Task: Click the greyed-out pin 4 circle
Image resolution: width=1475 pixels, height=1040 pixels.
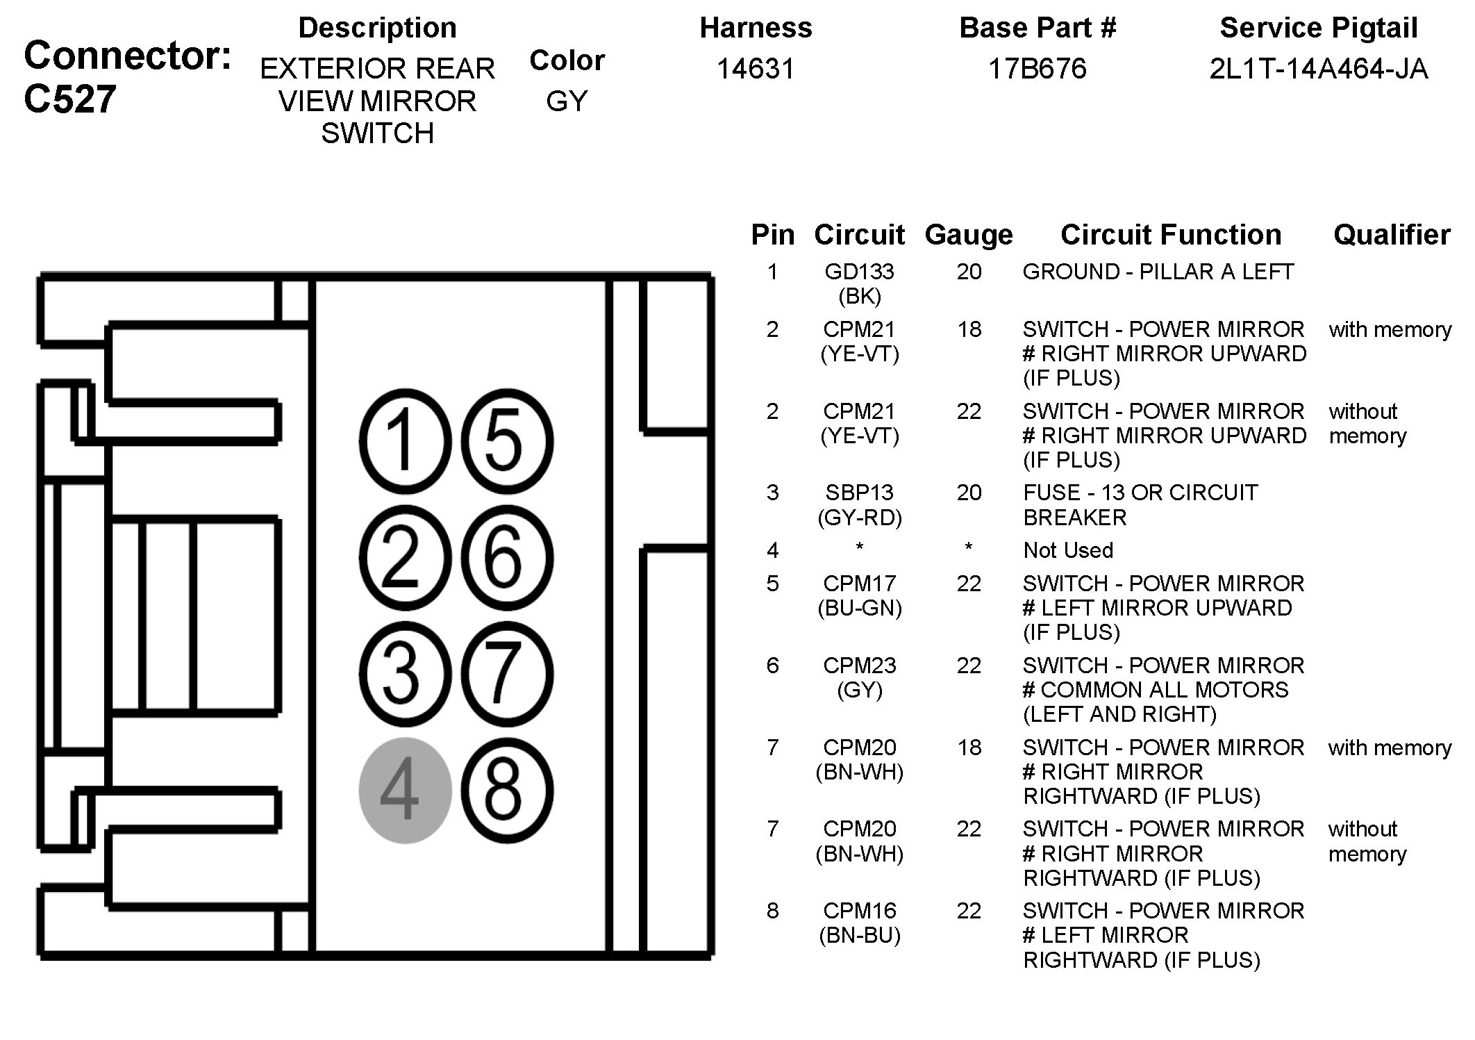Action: click(x=405, y=791)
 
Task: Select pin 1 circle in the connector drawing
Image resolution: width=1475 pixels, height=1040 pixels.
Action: click(x=405, y=441)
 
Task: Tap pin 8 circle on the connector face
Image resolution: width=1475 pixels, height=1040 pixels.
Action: click(x=507, y=791)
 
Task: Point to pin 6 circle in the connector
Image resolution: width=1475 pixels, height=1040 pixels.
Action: click(x=507, y=558)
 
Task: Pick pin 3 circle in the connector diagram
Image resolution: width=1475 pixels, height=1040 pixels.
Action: click(x=405, y=674)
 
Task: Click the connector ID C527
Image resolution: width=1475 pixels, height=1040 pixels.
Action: click(x=69, y=99)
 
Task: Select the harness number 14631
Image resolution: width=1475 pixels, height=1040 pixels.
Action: click(x=756, y=69)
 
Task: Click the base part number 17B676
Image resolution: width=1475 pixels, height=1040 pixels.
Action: click(x=1037, y=69)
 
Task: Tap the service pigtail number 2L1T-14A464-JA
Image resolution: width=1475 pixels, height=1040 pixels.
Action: click(x=1318, y=69)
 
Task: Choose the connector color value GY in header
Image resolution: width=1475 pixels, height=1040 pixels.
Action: click(x=567, y=101)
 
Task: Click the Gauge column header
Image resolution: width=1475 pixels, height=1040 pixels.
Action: click(x=968, y=235)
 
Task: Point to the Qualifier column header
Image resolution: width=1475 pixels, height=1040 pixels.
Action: click(x=1392, y=235)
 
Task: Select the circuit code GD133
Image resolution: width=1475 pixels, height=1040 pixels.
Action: click(x=859, y=272)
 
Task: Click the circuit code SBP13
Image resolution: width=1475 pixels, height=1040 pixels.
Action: click(x=859, y=493)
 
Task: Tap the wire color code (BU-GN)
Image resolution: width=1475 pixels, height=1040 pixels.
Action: click(x=859, y=608)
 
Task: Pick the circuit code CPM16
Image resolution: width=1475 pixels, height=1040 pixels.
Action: click(x=859, y=910)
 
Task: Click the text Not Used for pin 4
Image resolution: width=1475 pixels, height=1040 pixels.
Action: click(x=1068, y=550)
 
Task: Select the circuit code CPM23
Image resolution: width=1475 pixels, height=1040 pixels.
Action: click(x=859, y=666)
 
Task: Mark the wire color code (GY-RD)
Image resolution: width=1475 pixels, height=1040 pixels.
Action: click(x=859, y=518)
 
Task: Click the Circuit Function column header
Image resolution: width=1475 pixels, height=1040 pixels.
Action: click(x=1171, y=235)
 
